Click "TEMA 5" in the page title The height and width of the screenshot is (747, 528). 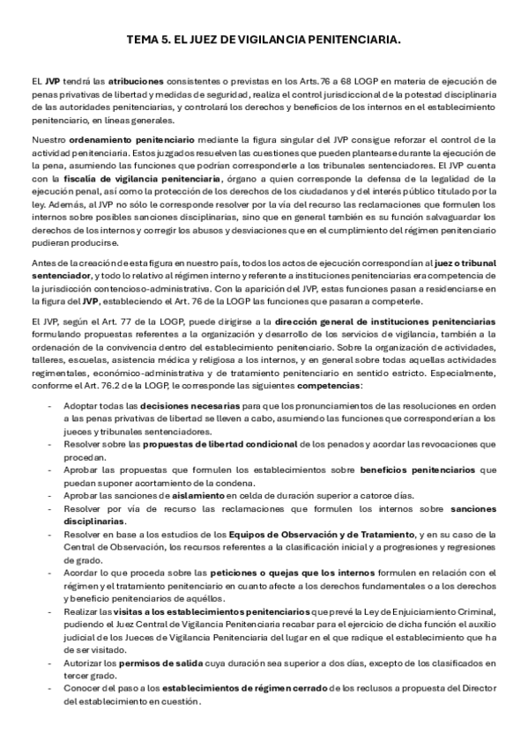click(143, 41)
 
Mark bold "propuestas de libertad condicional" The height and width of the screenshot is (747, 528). click(216, 446)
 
